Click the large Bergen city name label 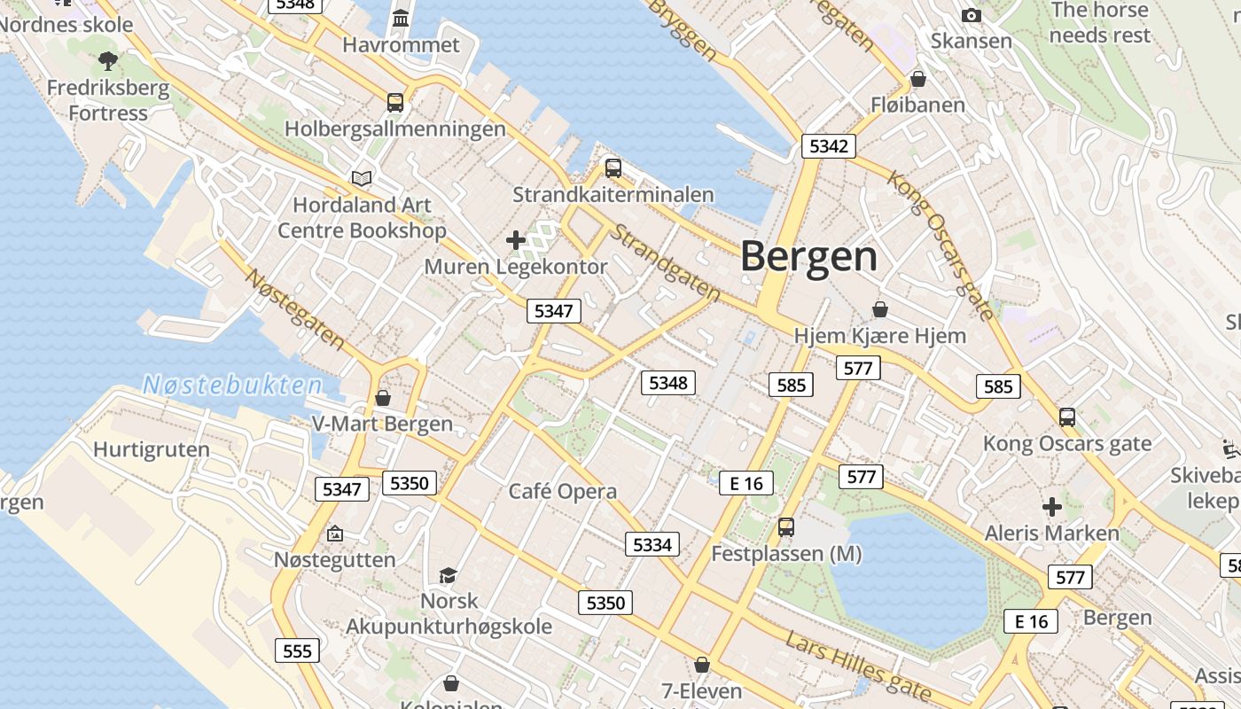(x=808, y=257)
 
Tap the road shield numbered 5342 (x=828, y=146)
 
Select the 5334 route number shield (x=652, y=544)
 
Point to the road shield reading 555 (x=297, y=651)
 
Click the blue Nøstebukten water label (x=232, y=385)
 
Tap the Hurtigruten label (x=152, y=449)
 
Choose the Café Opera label (x=562, y=491)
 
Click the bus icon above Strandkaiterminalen (x=613, y=168)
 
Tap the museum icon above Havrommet (x=401, y=18)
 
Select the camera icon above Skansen (x=972, y=15)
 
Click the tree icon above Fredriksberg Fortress (x=108, y=61)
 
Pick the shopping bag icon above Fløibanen (x=918, y=79)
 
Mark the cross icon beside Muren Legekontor (x=516, y=239)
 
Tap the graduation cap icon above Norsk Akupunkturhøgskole (x=449, y=575)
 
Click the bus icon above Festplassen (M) (x=785, y=527)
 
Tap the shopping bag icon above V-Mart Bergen (x=383, y=398)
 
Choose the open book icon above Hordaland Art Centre (x=361, y=178)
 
